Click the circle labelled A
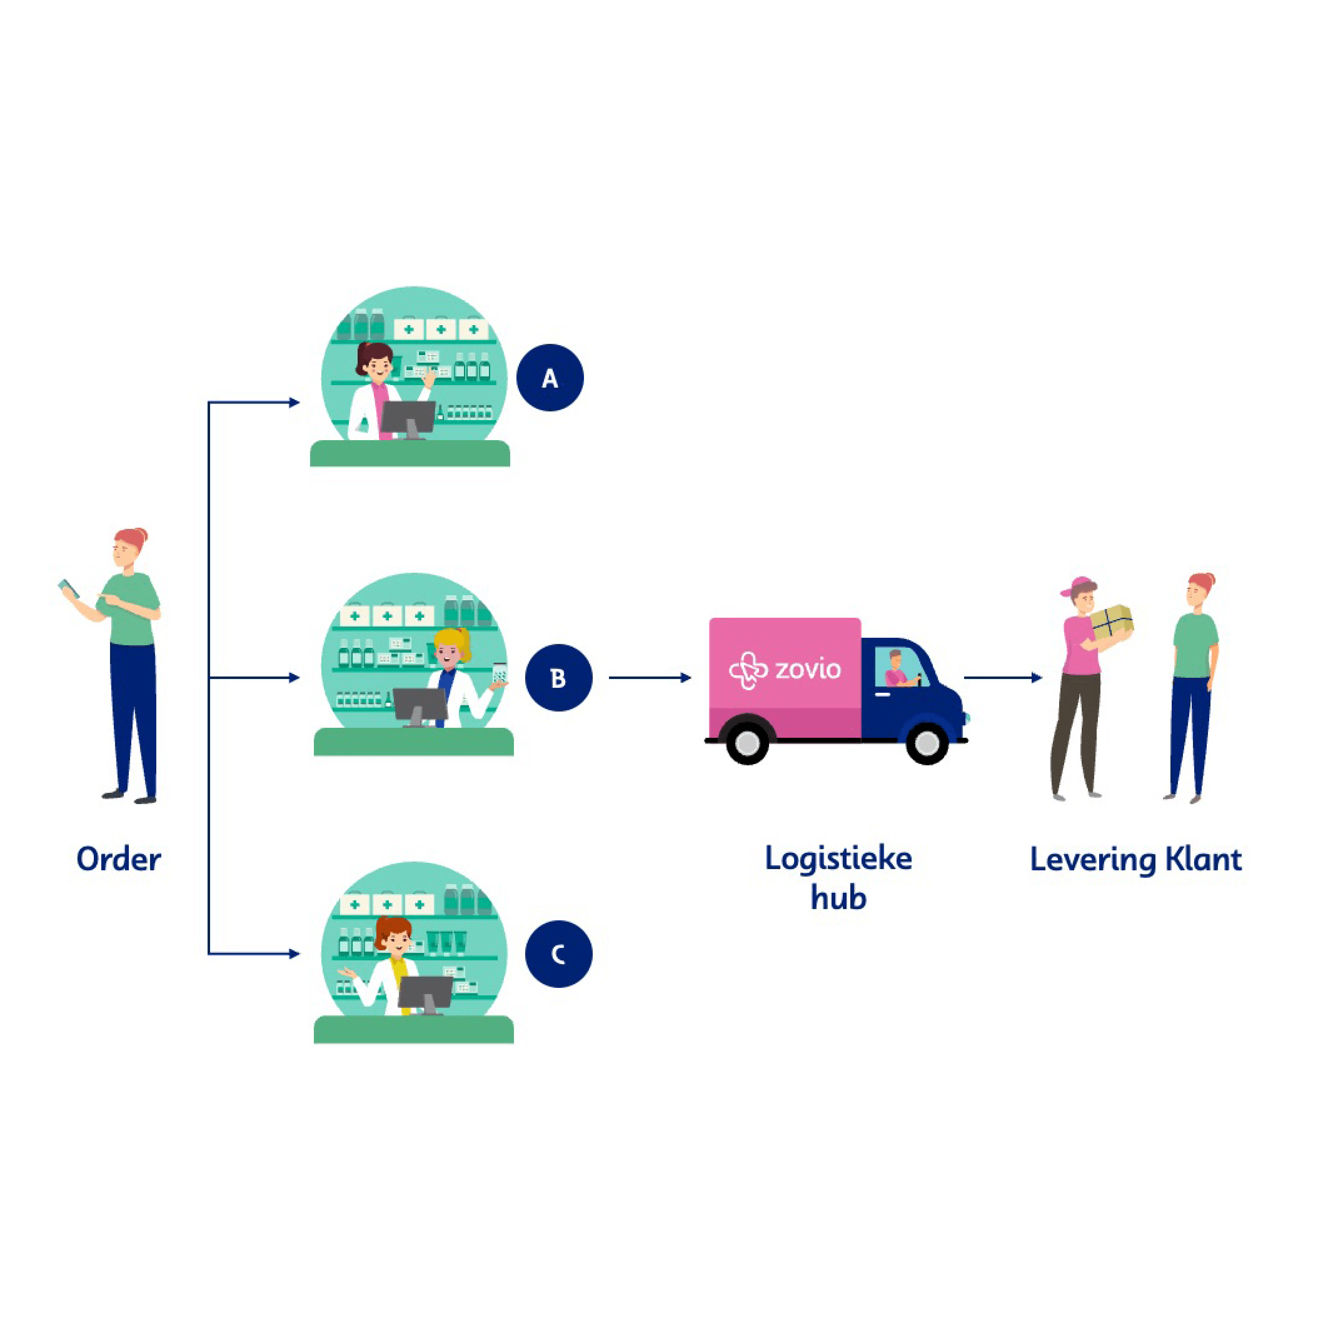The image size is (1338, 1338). click(550, 378)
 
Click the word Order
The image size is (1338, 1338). click(118, 859)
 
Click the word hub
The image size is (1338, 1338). click(838, 898)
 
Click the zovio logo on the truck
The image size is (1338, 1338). click(784, 670)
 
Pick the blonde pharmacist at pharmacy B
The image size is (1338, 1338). click(454, 675)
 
